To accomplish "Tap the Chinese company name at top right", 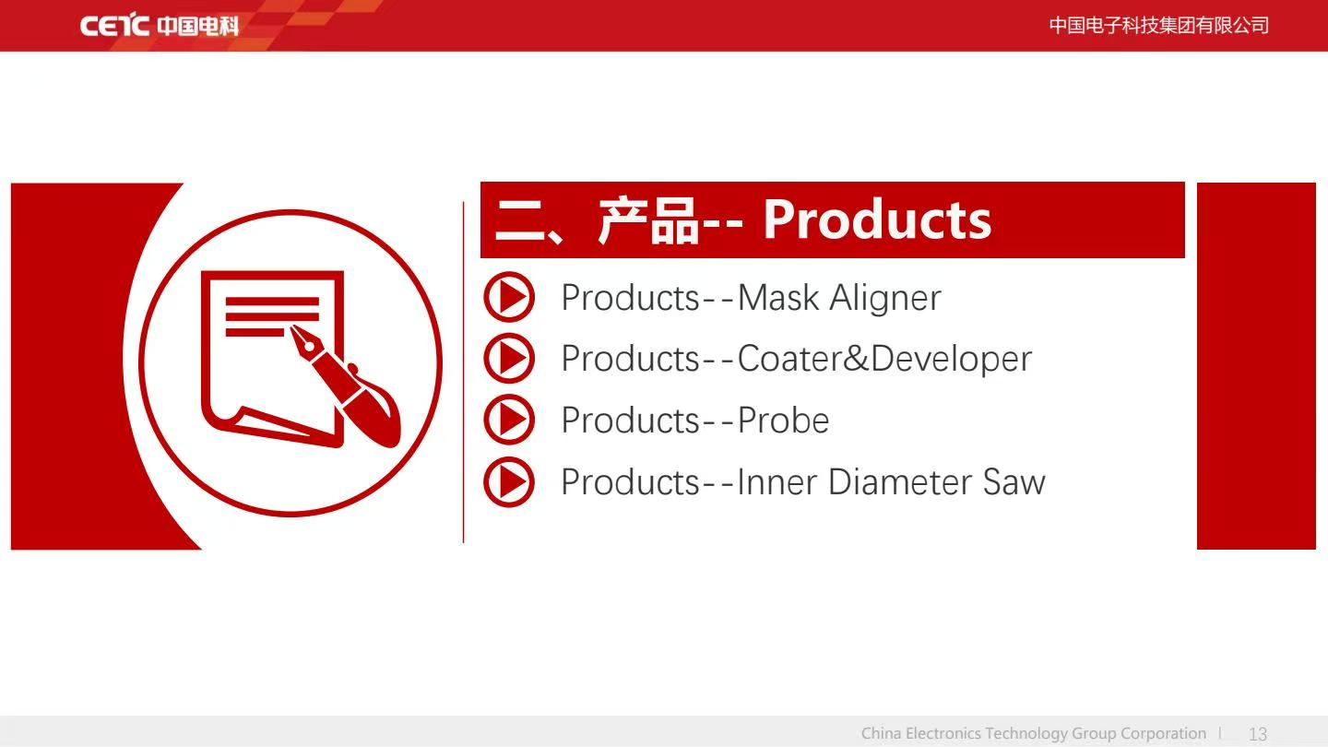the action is (1159, 26).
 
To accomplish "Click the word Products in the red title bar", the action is (877, 219).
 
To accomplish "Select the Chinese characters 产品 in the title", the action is (648, 220).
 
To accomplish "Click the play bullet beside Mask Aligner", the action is (509, 297).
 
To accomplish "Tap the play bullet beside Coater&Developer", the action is (509, 358).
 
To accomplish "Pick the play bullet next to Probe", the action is (509, 420).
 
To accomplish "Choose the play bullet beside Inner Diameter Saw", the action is (509, 481).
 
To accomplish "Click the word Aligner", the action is (885, 298).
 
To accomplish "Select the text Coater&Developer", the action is (883, 360).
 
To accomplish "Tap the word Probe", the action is (783, 420).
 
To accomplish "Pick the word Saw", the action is (1014, 481).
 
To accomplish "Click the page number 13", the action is (1258, 734).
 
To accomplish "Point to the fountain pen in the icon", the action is (345, 385).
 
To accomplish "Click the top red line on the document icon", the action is (272, 302).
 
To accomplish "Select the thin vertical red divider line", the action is (463, 373).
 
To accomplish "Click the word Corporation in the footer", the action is (1163, 734).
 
